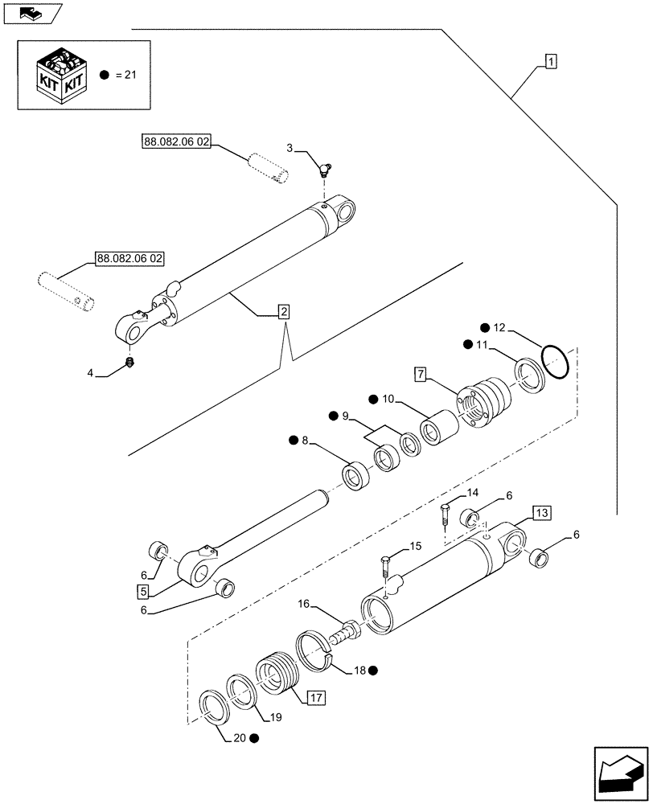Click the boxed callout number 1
pos(551,61)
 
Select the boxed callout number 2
pos(284,312)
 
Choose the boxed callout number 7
pos(421,375)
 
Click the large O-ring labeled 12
pos(554,359)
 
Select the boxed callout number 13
pos(541,514)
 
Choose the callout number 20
pos(238,737)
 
